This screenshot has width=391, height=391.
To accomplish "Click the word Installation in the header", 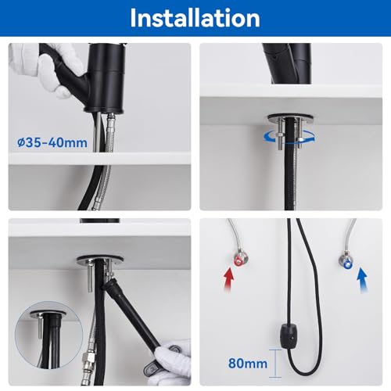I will click(x=195, y=18).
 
